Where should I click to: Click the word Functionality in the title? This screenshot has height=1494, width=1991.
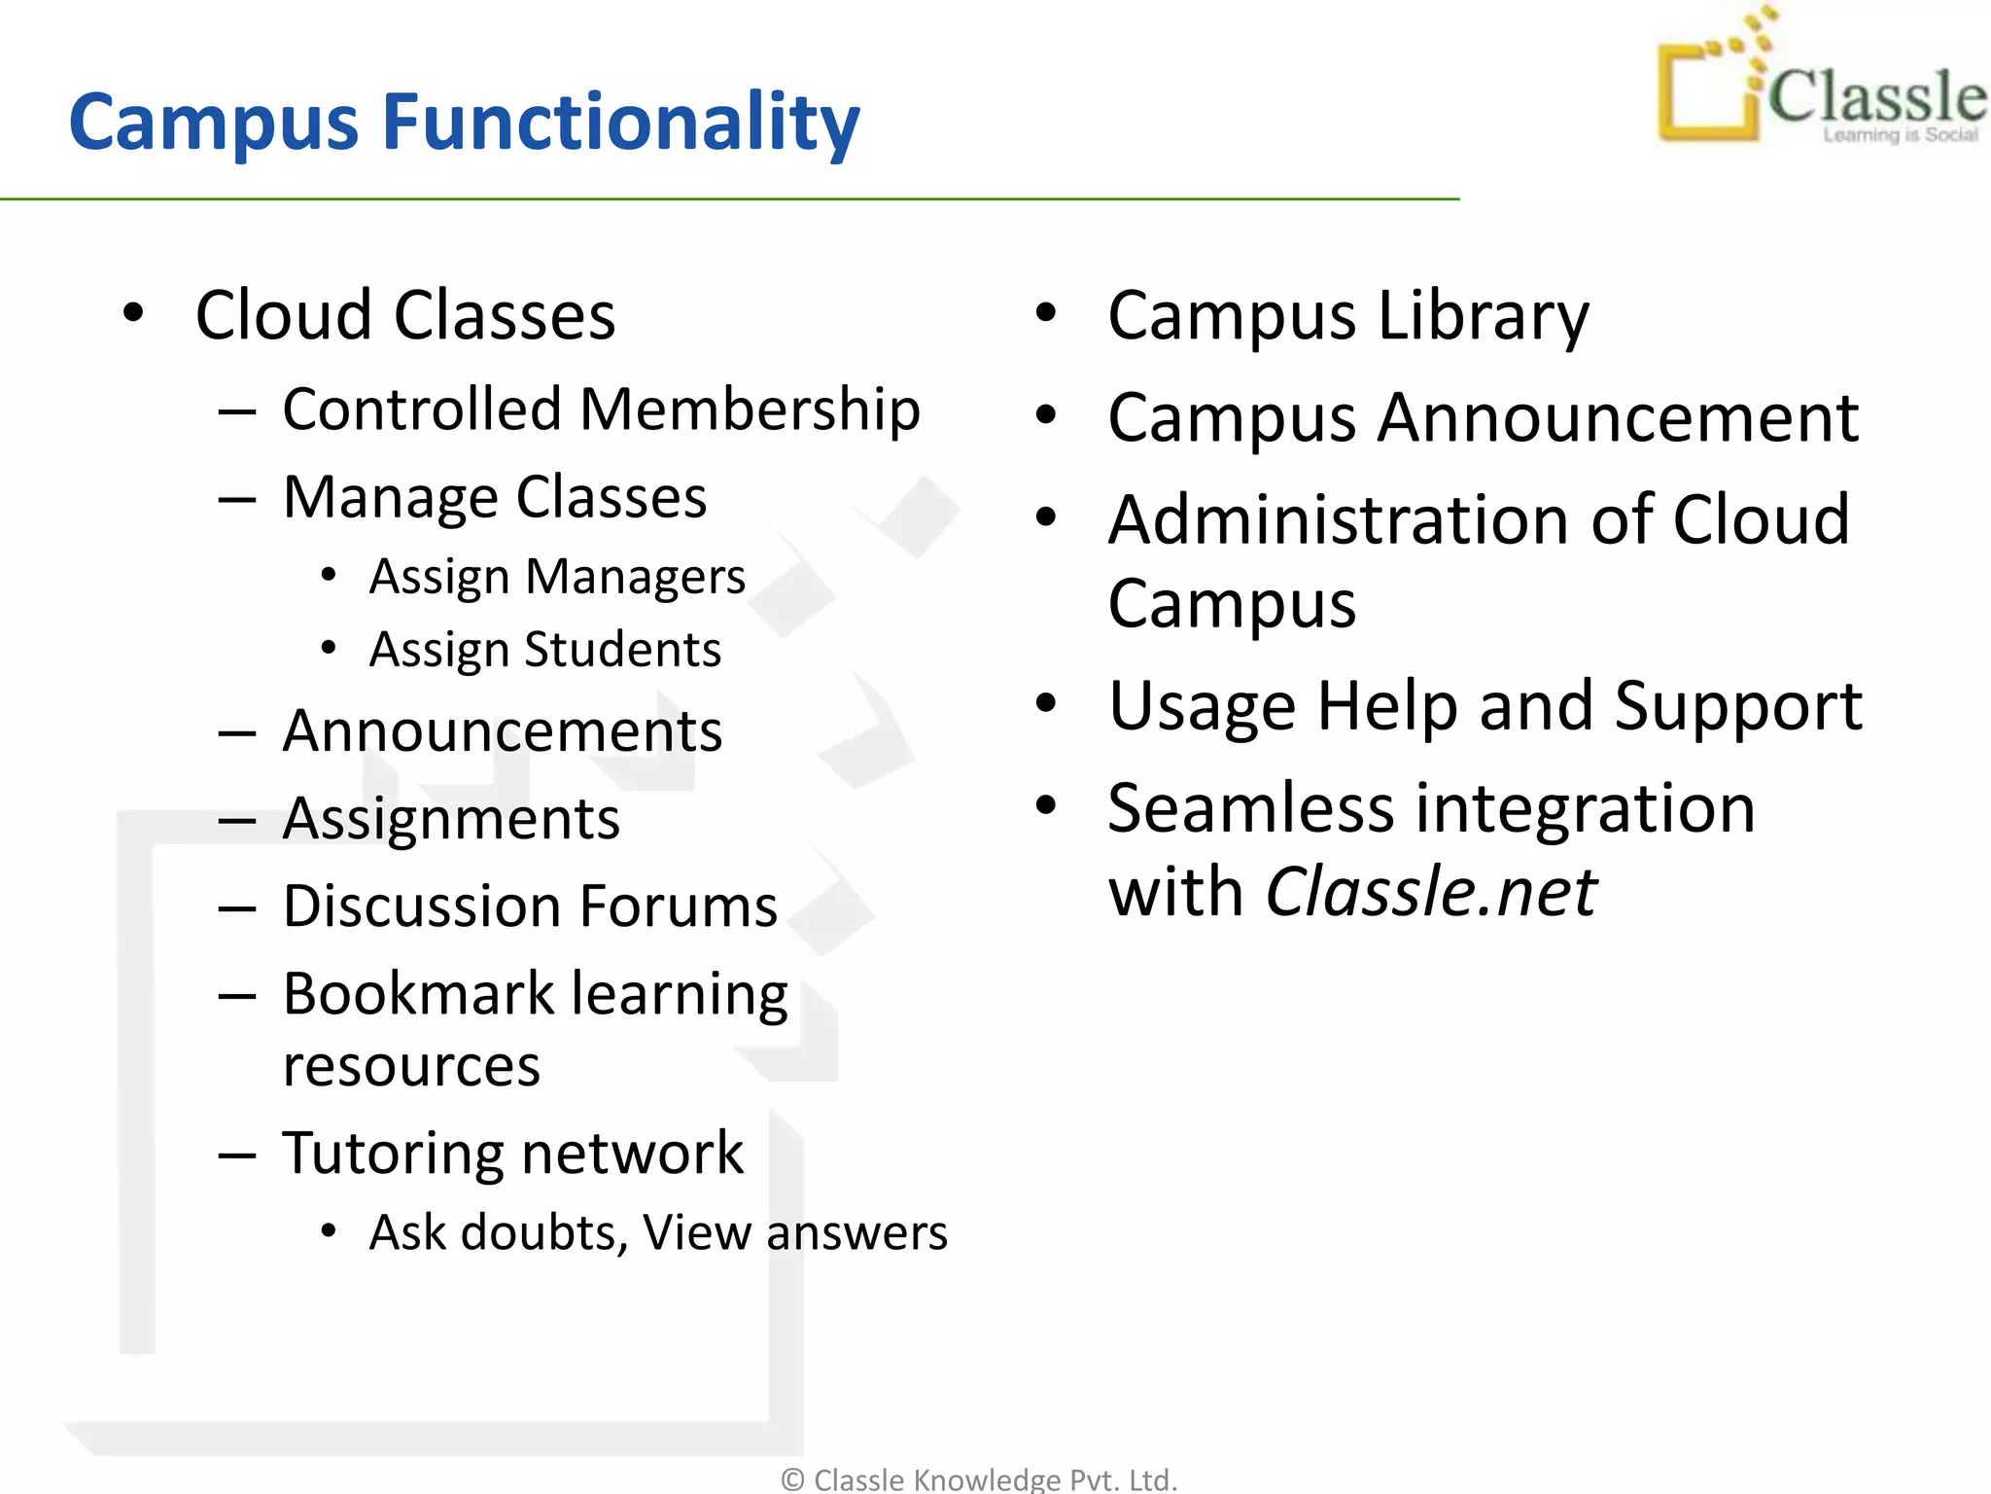pyautogui.click(x=620, y=124)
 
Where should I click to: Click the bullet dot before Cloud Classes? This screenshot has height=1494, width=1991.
pyautogui.click(x=133, y=313)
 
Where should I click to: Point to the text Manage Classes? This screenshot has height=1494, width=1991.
pyautogui.click(x=494, y=497)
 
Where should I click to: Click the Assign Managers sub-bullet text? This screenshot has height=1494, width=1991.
pyautogui.click(x=556, y=577)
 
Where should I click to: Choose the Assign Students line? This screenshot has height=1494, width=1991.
pyautogui.click(x=544, y=650)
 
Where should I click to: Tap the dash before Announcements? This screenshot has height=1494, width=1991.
pyautogui.click(x=236, y=732)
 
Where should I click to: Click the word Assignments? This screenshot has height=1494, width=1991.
pyautogui.click(x=451, y=819)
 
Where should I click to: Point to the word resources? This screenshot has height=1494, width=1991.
pyautogui.click(x=411, y=1066)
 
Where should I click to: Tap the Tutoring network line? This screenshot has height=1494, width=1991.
pyautogui.click(x=512, y=1154)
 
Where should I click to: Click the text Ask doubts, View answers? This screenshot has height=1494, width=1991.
pyautogui.click(x=657, y=1233)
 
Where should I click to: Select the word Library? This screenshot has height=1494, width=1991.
pyautogui.click(x=1484, y=316)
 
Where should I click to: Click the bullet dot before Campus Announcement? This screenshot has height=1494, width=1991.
pyautogui.click(x=1045, y=415)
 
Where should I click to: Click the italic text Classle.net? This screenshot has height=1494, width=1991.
pyautogui.click(x=1430, y=892)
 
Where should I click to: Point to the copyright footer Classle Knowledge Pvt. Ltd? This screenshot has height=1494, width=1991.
pyautogui.click(x=980, y=1479)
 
